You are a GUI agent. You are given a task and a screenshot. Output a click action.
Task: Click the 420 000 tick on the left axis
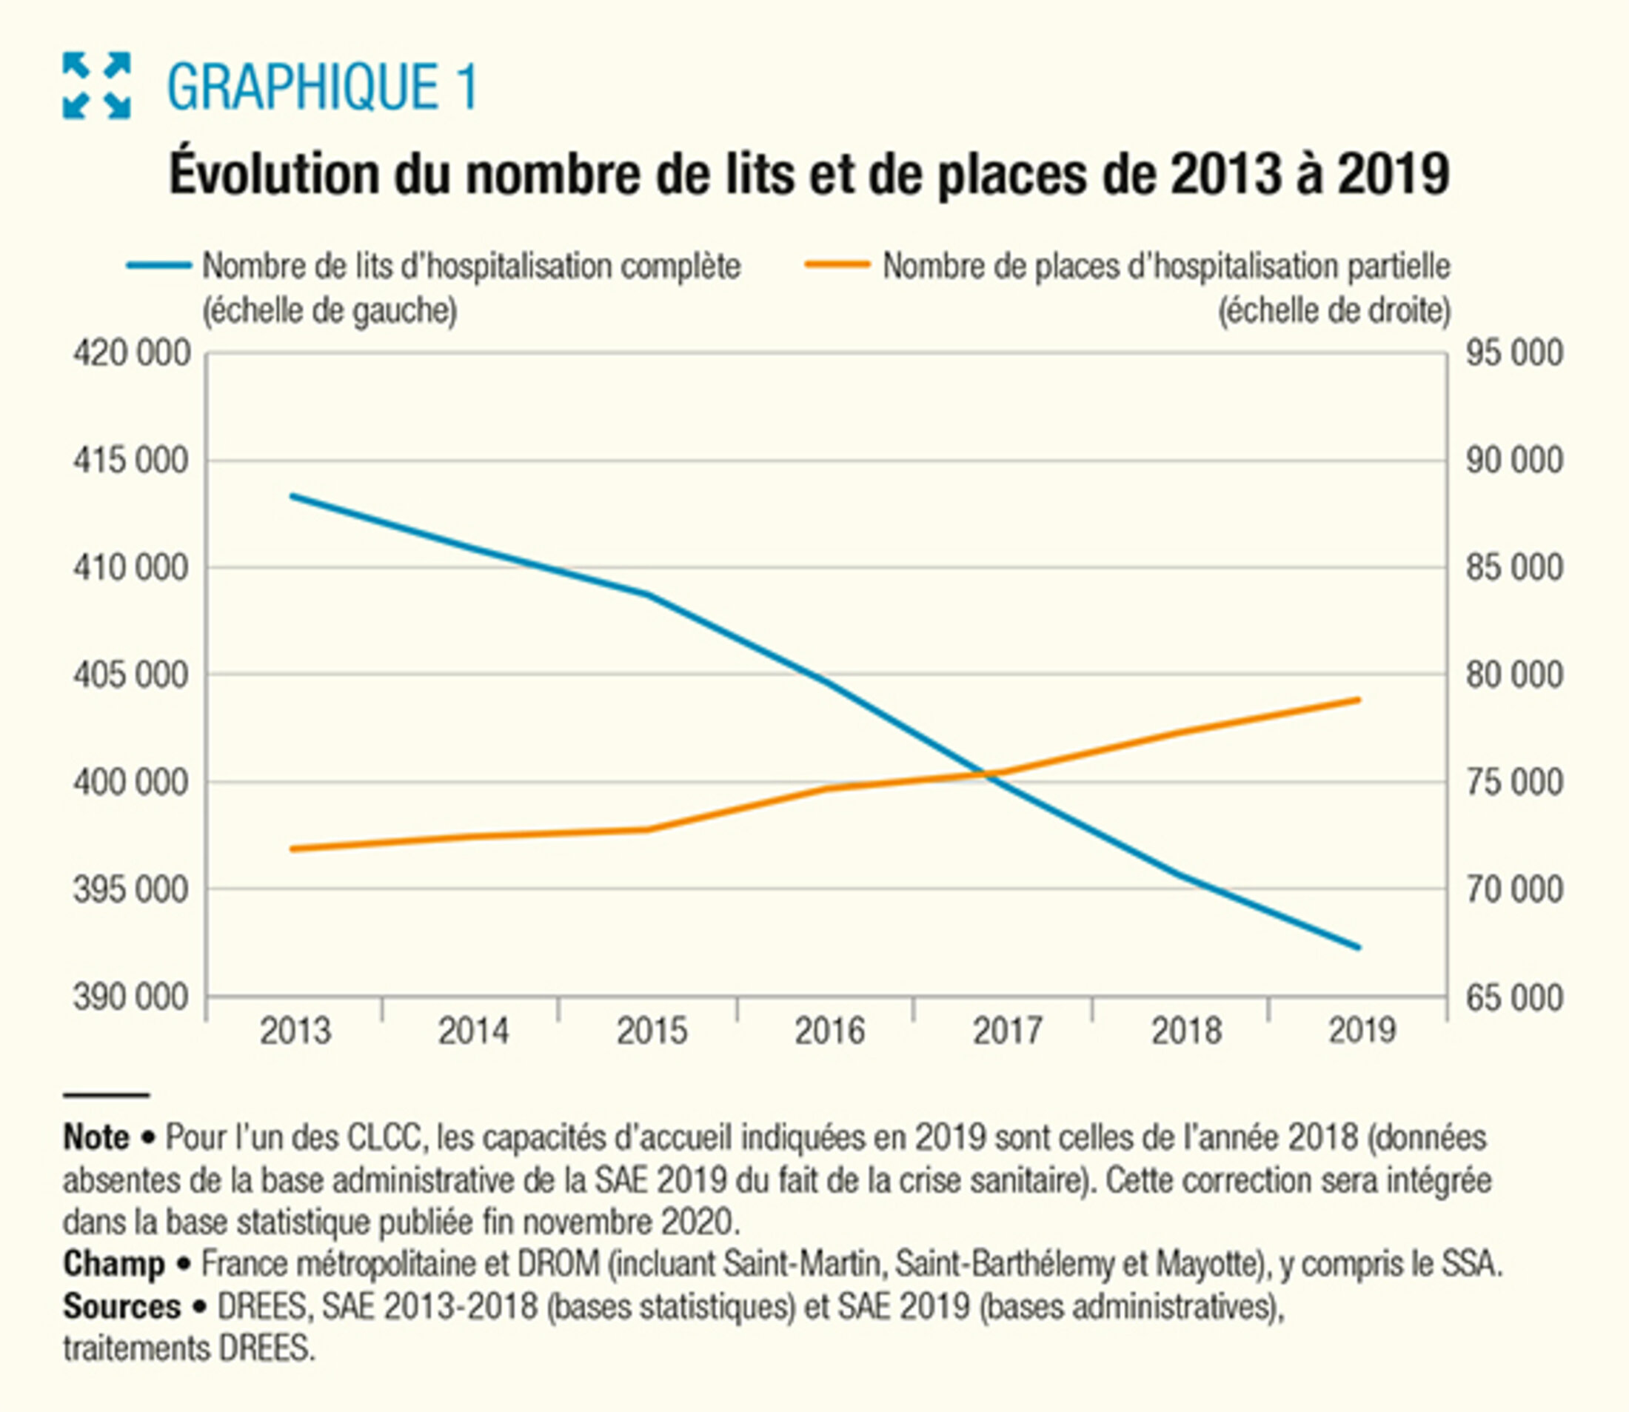tap(132, 354)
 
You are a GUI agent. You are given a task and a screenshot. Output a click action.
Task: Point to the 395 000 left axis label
tap(132, 891)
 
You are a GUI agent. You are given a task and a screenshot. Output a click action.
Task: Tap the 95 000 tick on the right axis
tap(1514, 354)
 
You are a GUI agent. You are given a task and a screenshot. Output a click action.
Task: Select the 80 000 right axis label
tap(1514, 676)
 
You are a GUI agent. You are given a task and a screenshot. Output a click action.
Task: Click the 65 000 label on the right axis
tap(1514, 998)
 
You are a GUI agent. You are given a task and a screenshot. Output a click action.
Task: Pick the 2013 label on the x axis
tap(295, 1031)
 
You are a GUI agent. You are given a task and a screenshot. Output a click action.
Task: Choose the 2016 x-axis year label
tap(830, 1031)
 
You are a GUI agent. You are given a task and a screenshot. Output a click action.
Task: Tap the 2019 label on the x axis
tap(1362, 1031)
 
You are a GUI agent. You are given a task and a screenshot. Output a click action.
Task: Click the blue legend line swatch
tap(159, 267)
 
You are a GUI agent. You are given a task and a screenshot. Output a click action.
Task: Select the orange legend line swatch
tap(837, 267)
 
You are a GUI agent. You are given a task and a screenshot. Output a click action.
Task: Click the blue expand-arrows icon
tap(96, 85)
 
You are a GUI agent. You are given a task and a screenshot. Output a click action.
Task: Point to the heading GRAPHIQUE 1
tap(322, 87)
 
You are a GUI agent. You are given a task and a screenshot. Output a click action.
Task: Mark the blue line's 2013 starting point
tap(292, 495)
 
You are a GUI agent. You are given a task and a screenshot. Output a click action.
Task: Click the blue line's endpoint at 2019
tap(1359, 948)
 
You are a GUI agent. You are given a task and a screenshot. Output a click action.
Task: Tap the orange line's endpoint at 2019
tap(1359, 699)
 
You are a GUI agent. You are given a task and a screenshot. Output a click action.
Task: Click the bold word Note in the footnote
tap(96, 1138)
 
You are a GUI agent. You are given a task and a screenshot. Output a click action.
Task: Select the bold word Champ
tap(113, 1264)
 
